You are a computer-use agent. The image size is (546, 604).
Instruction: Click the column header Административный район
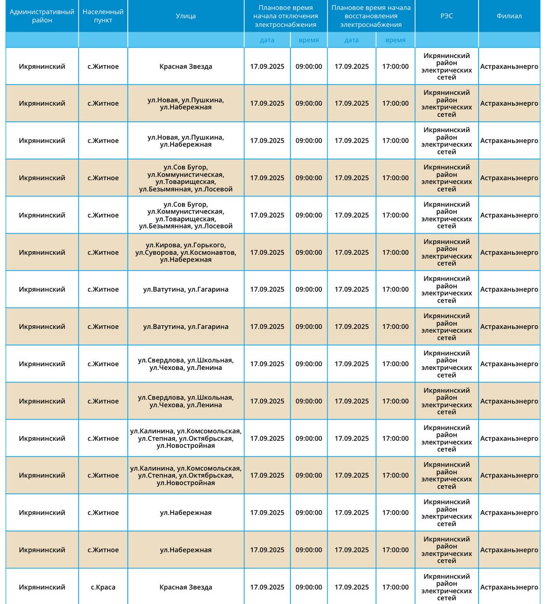(42, 16)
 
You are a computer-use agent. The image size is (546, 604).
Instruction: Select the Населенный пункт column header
(103, 16)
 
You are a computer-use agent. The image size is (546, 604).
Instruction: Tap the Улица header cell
(186, 16)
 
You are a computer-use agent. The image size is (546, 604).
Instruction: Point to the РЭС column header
(447, 16)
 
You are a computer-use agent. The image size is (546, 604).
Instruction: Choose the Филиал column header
(509, 16)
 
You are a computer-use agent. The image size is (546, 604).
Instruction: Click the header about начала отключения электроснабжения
(285, 16)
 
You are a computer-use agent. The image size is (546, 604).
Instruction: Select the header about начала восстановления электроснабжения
(371, 16)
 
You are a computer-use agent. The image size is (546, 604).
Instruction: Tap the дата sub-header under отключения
(267, 40)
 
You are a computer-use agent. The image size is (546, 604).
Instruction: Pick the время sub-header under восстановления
(395, 40)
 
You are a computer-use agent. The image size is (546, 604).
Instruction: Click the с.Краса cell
(103, 587)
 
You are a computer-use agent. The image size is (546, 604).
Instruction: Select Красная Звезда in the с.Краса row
(186, 587)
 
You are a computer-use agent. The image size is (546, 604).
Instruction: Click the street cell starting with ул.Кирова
(186, 252)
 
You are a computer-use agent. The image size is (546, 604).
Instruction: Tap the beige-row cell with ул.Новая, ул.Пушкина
(186, 103)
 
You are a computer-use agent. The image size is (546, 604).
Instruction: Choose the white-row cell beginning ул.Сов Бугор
(186, 215)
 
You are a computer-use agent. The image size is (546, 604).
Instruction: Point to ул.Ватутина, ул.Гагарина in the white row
(186, 289)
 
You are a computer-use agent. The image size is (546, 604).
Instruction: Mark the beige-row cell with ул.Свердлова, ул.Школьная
(186, 401)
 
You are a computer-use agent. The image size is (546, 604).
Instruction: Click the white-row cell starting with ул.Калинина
(186, 438)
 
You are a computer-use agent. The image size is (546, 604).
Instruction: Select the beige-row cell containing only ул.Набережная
(186, 550)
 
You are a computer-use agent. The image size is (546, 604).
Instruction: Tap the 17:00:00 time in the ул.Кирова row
(395, 252)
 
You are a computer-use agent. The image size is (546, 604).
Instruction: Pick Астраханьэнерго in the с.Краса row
(509, 587)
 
